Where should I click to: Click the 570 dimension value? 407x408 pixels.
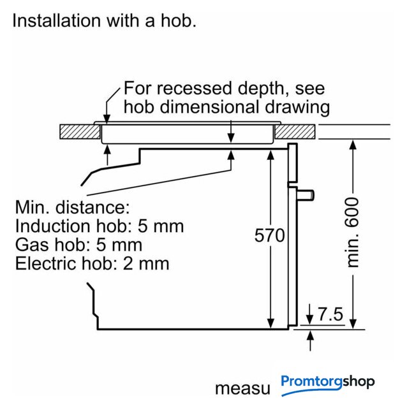269,235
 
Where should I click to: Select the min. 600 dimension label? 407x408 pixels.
353,232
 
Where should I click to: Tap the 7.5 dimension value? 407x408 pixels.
330,314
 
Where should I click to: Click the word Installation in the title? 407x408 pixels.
57,20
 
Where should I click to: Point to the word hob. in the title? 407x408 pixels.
179,20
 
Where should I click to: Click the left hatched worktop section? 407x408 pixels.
80,132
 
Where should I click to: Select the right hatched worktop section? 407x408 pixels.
295,132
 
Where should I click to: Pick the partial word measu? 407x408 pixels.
242,389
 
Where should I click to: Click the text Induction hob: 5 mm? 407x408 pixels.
100,226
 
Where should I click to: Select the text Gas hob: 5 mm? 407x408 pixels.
78,245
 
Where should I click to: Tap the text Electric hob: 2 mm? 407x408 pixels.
92,263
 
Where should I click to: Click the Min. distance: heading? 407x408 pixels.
72,207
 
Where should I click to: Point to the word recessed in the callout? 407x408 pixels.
195,88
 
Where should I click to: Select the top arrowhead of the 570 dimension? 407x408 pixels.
271,155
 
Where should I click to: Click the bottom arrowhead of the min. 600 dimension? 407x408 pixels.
353,324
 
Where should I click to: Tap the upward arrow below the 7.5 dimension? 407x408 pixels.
310,340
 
